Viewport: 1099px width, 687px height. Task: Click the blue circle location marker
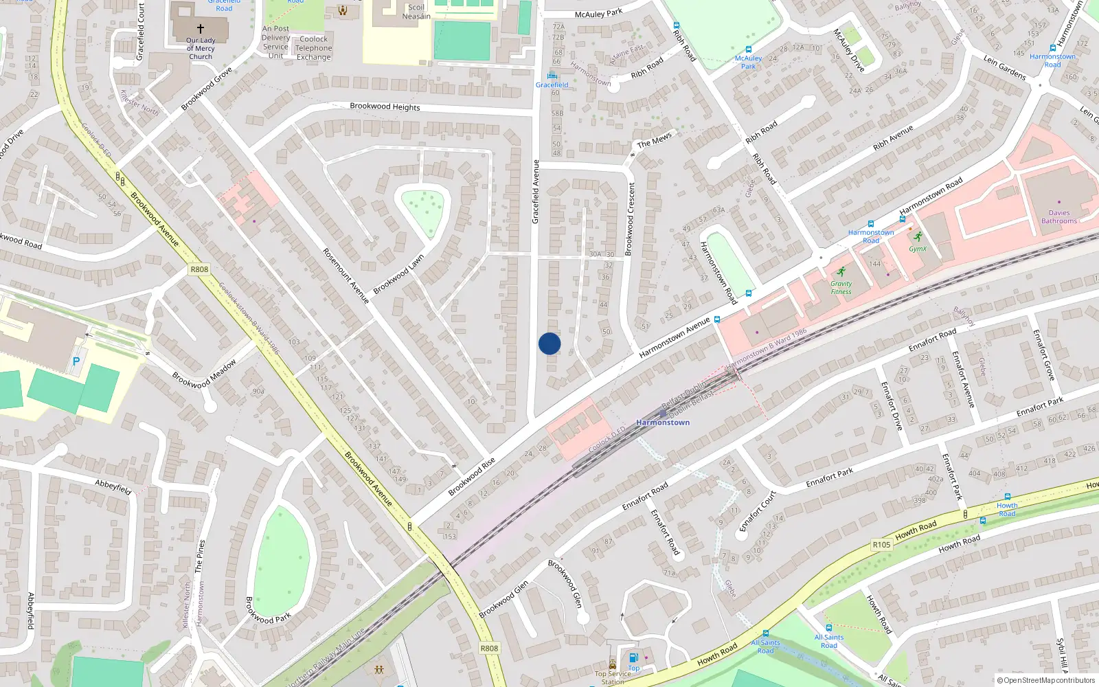(x=549, y=343)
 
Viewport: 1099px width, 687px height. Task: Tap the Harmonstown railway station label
(x=663, y=423)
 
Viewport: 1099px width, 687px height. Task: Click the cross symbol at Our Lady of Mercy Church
(x=201, y=29)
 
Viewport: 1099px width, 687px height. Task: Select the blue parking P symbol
(x=76, y=361)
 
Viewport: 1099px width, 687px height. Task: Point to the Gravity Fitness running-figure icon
(x=841, y=272)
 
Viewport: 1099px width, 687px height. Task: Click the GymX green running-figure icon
(x=918, y=237)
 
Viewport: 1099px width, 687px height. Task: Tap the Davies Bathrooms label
(x=1058, y=217)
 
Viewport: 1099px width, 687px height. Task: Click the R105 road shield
(x=881, y=545)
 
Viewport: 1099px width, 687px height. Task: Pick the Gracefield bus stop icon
(x=552, y=76)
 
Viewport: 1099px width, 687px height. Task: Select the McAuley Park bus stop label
(x=748, y=63)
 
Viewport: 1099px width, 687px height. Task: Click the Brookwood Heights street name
(x=385, y=106)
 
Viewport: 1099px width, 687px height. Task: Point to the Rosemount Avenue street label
(x=345, y=275)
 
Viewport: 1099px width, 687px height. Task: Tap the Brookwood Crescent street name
(x=630, y=218)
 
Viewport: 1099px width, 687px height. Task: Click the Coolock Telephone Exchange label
(x=314, y=48)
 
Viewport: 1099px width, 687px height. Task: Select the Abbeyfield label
(x=113, y=487)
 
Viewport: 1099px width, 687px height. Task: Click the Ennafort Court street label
(x=758, y=511)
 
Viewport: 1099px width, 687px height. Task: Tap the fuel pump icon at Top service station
(x=633, y=657)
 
